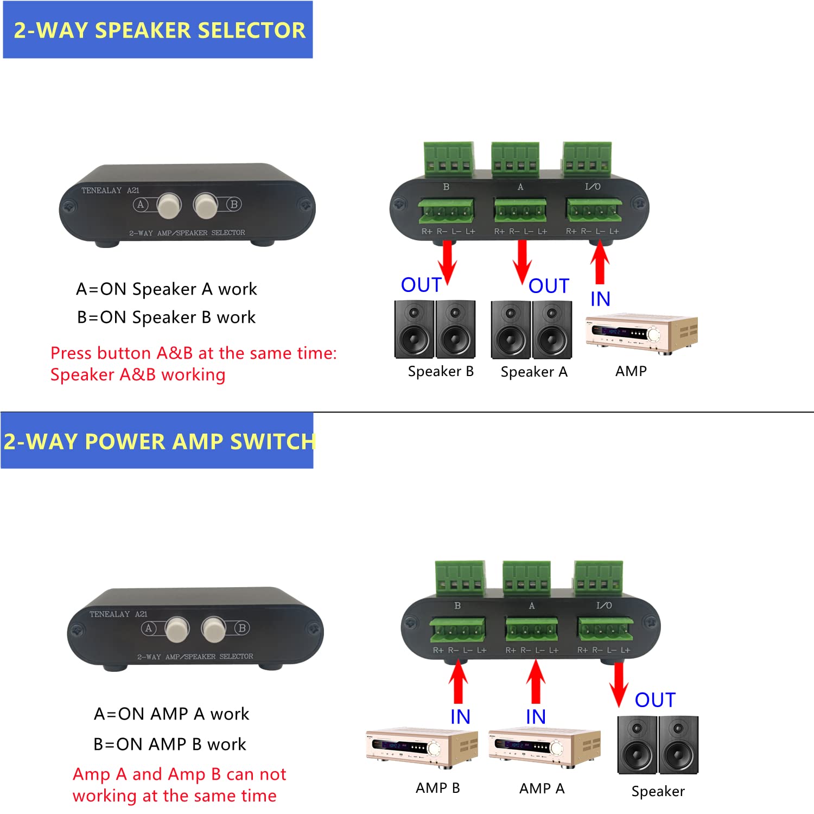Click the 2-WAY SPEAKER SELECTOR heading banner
pos(158,30)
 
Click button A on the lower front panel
pos(177,629)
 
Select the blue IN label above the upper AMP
pos(600,299)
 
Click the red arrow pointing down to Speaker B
pos(447,261)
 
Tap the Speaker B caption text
pos(441,372)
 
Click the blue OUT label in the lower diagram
pos(655,700)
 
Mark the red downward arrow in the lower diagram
pos(618,684)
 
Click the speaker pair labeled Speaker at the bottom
pos(658,745)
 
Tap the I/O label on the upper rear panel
pos(593,187)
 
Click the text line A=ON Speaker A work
pos(166,289)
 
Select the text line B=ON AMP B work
pos(169,744)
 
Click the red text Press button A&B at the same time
pos(193,353)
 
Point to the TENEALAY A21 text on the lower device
pos(118,614)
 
